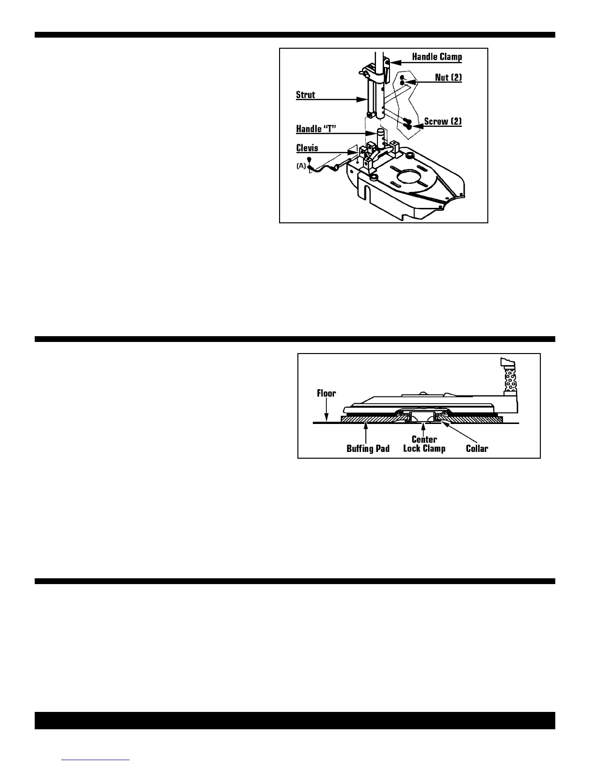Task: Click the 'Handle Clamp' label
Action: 437,57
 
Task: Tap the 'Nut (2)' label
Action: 448,77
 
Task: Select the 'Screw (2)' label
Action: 442,121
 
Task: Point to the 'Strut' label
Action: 306,95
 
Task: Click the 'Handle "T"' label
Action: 315,129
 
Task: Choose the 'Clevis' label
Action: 307,148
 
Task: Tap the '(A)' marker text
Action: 301,165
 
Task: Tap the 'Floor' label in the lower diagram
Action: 326,393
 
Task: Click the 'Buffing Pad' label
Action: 368,449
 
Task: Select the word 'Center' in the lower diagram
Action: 424,439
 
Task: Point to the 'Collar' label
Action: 477,449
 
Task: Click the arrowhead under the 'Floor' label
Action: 326,419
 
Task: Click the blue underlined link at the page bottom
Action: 96,760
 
